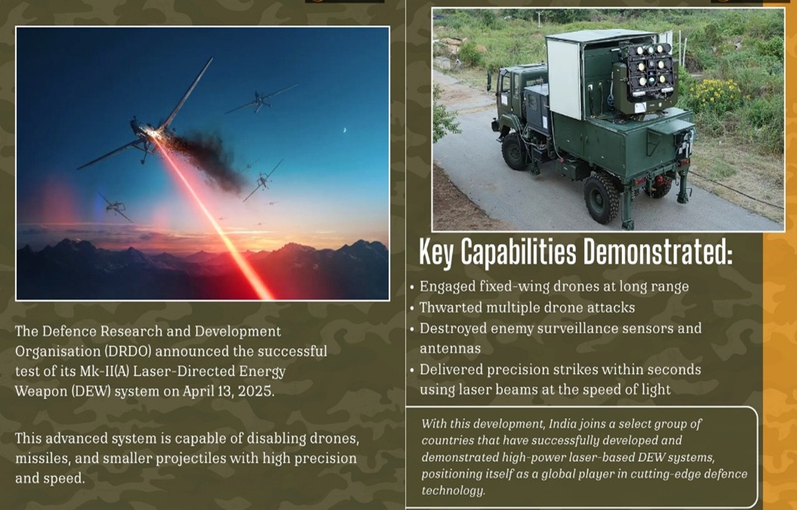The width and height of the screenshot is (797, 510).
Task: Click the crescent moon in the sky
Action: coord(345,130)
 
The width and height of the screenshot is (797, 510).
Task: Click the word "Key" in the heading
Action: coord(436,253)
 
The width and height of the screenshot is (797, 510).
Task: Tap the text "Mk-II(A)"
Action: coord(104,372)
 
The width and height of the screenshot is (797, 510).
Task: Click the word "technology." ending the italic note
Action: coord(453,490)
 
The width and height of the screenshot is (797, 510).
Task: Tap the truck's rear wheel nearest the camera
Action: coord(602,197)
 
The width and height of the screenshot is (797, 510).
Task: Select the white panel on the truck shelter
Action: coord(564,79)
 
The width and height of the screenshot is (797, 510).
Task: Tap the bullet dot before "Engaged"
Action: coord(412,287)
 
